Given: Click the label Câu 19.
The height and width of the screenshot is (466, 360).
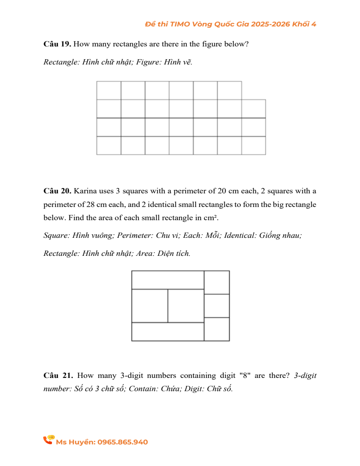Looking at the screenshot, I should click(57, 44).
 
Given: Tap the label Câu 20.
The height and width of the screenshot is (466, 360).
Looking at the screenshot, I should click(57, 191).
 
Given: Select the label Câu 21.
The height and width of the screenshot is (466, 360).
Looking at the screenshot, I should click(58, 376).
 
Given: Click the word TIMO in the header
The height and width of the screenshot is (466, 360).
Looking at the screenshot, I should click(181, 24).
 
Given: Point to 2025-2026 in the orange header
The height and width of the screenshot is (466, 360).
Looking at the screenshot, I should click(270, 24).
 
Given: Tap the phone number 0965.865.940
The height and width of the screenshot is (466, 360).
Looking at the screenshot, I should click(122, 442).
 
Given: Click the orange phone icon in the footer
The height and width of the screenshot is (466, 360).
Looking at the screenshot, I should click(48, 440).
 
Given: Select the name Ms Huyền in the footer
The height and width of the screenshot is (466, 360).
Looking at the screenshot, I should click(76, 442).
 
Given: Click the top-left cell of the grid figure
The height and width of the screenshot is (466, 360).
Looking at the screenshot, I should click(109, 90).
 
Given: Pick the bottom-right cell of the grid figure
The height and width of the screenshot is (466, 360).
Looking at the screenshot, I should click(254, 145).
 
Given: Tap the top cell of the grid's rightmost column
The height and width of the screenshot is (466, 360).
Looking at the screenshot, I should click(254, 108).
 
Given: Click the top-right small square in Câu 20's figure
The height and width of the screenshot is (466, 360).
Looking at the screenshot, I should click(217, 282).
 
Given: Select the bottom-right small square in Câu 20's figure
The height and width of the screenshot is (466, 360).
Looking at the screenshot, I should click(217, 329).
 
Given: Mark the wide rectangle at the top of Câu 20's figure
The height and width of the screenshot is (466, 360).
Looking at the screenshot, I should click(168, 280).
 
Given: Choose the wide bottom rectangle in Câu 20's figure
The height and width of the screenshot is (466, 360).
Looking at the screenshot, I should click(168, 331).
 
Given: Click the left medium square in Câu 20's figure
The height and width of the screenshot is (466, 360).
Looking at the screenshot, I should click(150, 305).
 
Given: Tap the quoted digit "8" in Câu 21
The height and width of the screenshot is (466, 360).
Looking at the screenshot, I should click(244, 376).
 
